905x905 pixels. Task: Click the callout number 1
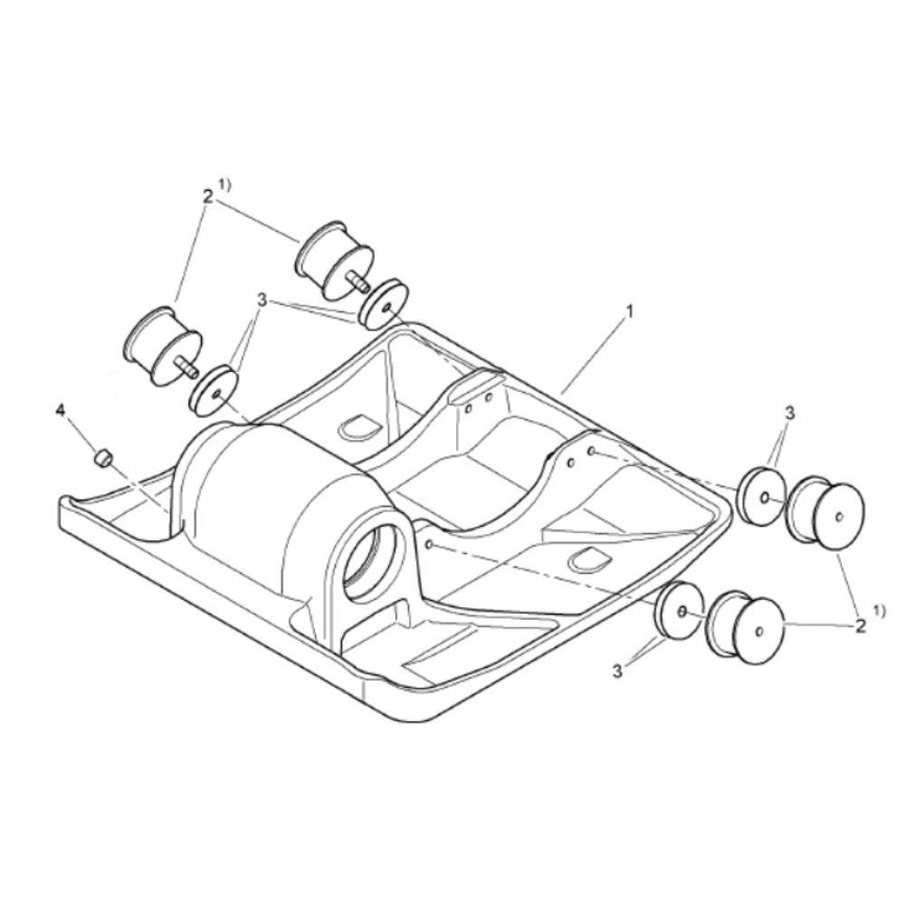[630, 311]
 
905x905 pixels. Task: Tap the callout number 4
[61, 410]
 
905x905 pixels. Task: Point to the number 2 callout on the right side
[860, 625]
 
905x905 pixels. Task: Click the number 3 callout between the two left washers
[262, 300]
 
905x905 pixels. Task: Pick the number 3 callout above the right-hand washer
[789, 413]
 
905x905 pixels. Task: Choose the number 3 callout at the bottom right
[617, 672]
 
